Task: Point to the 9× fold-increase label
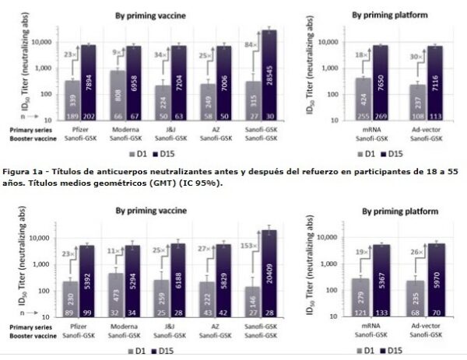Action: [117, 54]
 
